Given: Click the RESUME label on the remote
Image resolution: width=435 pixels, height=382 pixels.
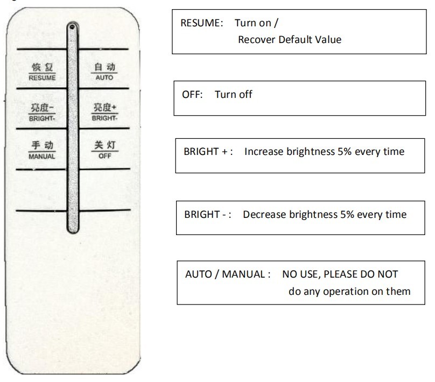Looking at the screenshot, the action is (42, 78).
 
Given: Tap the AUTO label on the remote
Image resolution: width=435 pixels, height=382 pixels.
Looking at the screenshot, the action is (104, 77).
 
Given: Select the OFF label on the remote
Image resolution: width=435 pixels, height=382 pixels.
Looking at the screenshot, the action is (105, 156).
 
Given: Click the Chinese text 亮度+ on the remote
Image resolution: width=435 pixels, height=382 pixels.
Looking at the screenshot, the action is (105, 107).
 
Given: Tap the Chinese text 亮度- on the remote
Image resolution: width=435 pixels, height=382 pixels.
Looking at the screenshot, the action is (42, 108).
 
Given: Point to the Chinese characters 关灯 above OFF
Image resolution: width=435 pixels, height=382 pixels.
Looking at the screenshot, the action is (105, 145).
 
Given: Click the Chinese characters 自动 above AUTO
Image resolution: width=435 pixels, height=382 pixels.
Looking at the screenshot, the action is (104, 67).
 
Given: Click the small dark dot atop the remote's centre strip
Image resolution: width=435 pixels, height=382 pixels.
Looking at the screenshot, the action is (72, 27).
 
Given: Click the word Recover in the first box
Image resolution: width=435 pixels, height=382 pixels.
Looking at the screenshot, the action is (257, 40).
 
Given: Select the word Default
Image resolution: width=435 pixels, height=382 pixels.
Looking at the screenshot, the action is (295, 40).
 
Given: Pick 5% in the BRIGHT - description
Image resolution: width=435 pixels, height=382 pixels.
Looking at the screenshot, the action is (347, 215).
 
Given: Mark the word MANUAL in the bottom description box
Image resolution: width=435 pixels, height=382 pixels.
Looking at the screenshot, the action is (243, 274).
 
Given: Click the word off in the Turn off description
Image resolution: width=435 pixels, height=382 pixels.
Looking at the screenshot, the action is (246, 95).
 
